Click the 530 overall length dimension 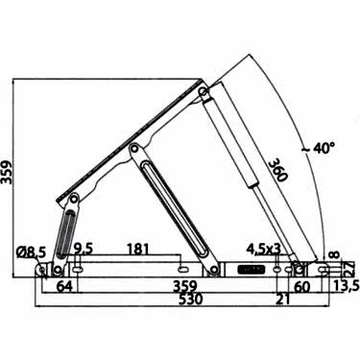pyautogui.click(x=191, y=300)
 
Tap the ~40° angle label pyautogui.click(x=319, y=148)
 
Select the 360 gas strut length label pyautogui.click(x=276, y=171)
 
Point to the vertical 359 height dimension pyautogui.click(x=7, y=173)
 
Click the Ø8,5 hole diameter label pyautogui.click(x=31, y=252)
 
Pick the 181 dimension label pyautogui.click(x=138, y=249)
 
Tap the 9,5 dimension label pyautogui.click(x=84, y=249)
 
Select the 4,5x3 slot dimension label pyautogui.click(x=263, y=249)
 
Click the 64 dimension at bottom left pyautogui.click(x=63, y=286)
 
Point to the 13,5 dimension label pyautogui.click(x=344, y=286)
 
